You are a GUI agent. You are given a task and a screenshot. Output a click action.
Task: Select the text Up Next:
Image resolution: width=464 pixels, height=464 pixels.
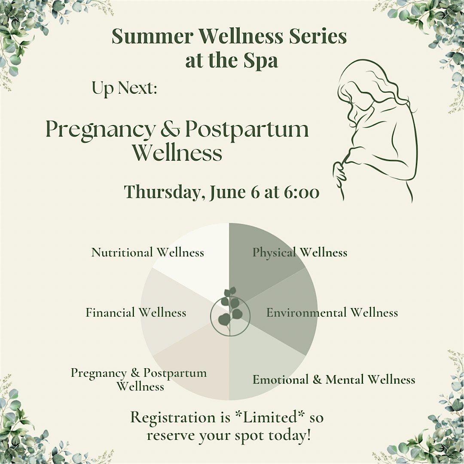[x=124, y=89]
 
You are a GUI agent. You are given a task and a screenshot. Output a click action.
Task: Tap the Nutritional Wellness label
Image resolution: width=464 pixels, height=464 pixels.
[x=147, y=252]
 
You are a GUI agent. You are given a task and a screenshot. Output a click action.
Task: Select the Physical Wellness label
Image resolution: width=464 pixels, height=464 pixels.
[x=299, y=252]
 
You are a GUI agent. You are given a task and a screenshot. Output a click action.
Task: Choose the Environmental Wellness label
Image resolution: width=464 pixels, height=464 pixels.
[x=332, y=312]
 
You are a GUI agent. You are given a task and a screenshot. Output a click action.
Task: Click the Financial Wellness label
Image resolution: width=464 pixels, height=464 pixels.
[x=136, y=312]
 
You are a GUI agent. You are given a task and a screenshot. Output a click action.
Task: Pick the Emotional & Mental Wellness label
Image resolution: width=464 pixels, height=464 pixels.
[x=334, y=379]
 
